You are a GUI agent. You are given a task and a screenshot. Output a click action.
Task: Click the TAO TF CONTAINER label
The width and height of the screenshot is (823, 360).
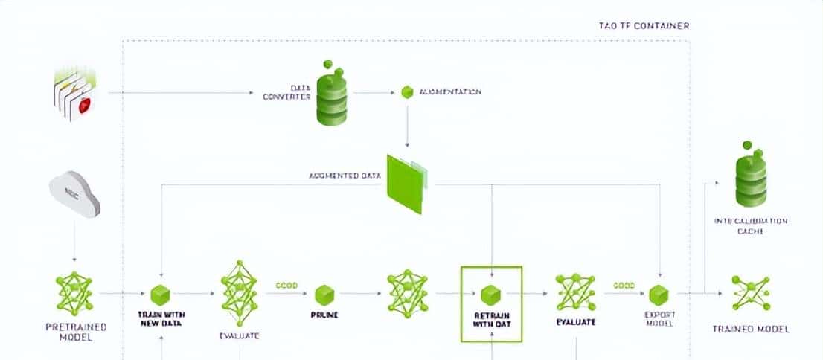pyautogui.click(x=644, y=25)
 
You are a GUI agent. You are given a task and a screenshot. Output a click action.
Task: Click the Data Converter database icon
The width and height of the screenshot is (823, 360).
pyautogui.click(x=332, y=94)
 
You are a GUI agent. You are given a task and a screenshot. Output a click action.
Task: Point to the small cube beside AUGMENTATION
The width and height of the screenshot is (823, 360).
pyautogui.click(x=406, y=92)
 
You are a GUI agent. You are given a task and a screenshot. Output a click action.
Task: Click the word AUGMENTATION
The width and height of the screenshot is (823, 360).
pyautogui.click(x=450, y=92)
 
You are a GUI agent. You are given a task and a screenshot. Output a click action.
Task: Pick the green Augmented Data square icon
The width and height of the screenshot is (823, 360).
pyautogui.click(x=406, y=183)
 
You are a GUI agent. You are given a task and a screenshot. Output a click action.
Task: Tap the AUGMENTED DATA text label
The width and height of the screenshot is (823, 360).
pyautogui.click(x=345, y=176)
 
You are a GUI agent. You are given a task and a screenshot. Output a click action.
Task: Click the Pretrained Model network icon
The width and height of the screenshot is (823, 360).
pyautogui.click(x=74, y=292)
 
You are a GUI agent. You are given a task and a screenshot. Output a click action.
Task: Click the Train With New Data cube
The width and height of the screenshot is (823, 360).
pyautogui.click(x=161, y=294)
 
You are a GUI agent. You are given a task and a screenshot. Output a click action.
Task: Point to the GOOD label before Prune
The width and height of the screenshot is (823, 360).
pyautogui.click(x=286, y=285)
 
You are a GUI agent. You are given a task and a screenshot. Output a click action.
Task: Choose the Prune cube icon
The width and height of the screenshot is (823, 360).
pyautogui.click(x=324, y=294)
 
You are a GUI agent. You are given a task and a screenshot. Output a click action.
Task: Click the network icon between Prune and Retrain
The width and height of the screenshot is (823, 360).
pyautogui.click(x=408, y=292)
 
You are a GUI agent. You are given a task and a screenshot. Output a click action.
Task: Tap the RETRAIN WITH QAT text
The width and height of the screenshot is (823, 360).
pyautogui.click(x=490, y=321)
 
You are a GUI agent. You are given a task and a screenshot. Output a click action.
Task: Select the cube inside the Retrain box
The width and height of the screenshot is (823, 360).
pyautogui.click(x=490, y=293)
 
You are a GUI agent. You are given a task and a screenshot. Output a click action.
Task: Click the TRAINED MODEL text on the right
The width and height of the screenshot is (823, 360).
pyautogui.click(x=750, y=329)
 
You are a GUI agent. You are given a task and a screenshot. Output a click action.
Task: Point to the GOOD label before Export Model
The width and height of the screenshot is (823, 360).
pyautogui.click(x=624, y=285)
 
